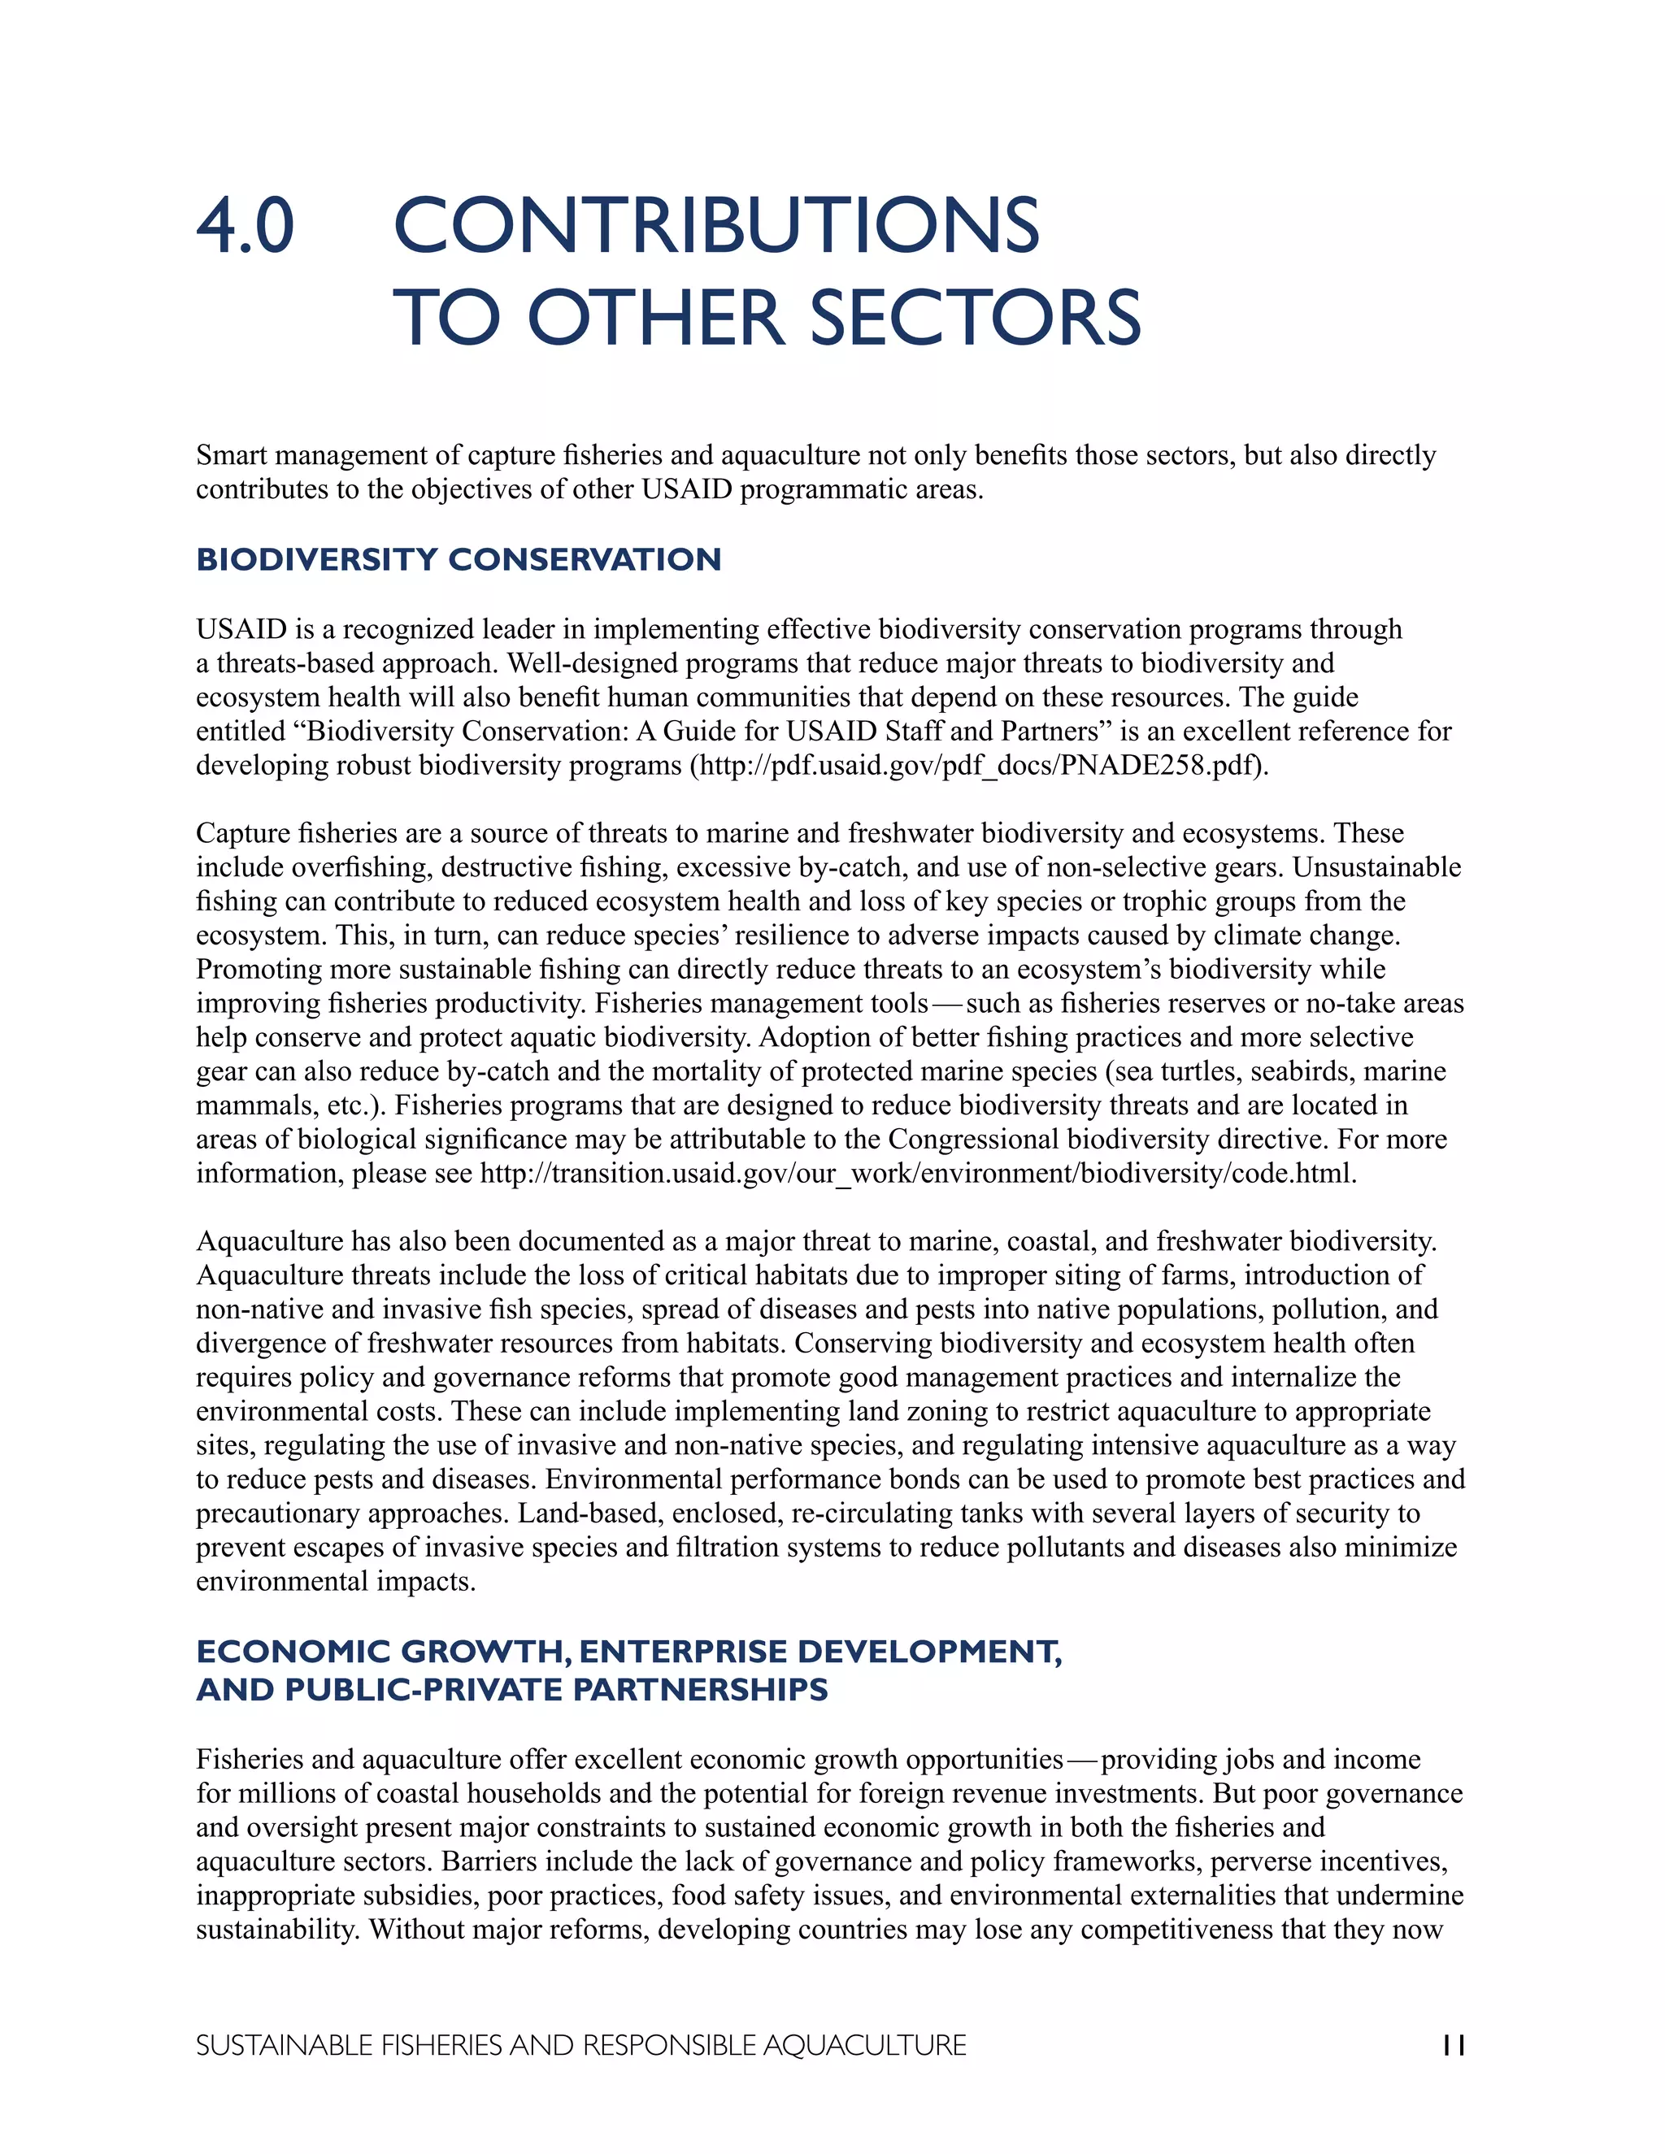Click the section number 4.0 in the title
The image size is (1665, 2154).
point(245,227)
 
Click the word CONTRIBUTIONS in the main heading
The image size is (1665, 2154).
point(716,227)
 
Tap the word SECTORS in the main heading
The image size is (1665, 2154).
point(975,319)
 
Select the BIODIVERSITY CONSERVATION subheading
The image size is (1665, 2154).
point(459,559)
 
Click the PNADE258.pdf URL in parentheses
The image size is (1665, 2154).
point(980,766)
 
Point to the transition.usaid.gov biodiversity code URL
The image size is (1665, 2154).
point(917,1174)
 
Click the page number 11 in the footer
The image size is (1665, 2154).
point(1453,2046)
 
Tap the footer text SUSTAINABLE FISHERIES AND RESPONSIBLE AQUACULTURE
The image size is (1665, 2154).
point(581,2046)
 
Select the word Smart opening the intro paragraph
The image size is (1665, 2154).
point(231,456)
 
